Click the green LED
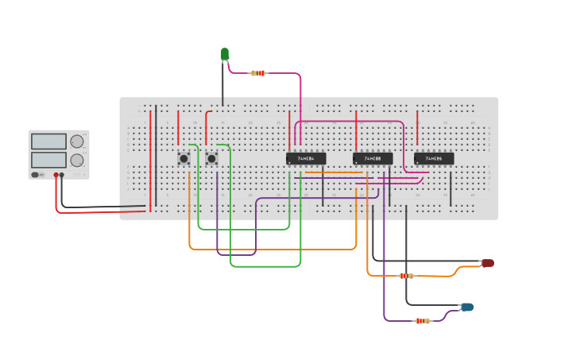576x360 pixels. [225, 54]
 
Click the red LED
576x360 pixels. [488, 263]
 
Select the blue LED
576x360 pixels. [467, 307]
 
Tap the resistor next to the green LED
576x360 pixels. [257, 73]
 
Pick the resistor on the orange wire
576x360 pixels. [406, 276]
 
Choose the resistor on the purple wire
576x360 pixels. [423, 321]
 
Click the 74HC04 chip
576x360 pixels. [305, 158]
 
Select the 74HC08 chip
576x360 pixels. [373, 158]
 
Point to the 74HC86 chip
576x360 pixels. [434, 158]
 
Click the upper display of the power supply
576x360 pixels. [48, 141]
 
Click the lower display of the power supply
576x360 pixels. [48, 160]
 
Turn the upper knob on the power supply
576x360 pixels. [77, 141]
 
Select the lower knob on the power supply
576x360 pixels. [77, 160]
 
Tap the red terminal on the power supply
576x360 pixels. [56, 174]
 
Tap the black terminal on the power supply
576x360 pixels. [63, 174]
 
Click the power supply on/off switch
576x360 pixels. [37, 174]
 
